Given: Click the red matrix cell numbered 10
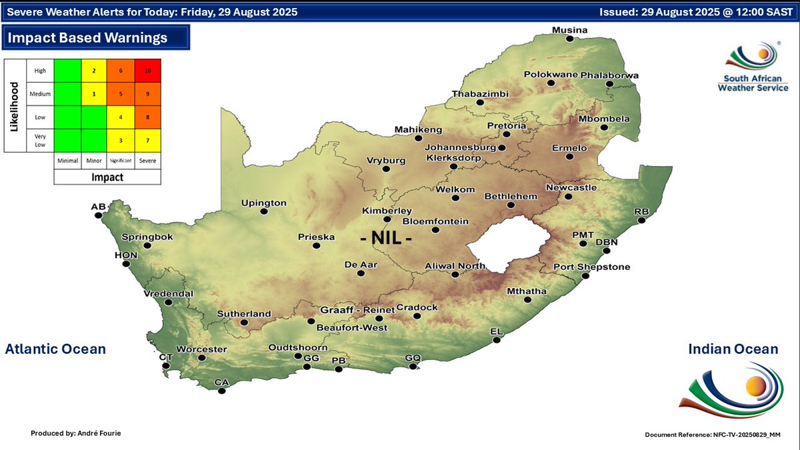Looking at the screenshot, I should coord(148,71).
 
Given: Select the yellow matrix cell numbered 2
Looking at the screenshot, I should coord(94,71).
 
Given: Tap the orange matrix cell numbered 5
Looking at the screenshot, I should coord(121,94).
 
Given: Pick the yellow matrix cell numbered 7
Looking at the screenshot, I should coord(148,140).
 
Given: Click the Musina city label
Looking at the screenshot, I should coord(569,30).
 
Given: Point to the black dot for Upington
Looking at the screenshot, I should coord(264,212).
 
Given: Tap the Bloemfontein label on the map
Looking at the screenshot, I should coord(435,221).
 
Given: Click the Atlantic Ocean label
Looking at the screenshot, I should coord(55,349).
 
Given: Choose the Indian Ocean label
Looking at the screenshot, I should coord(733,349).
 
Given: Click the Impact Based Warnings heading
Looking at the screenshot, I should coord(87,38).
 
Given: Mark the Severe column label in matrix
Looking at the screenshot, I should coord(148,161).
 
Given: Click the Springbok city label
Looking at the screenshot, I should coord(147,237).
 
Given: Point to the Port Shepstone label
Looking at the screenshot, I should coord(591,267).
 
